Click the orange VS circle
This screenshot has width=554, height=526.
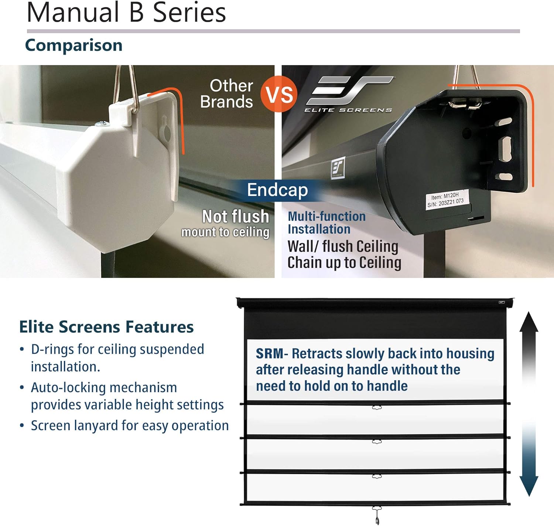(x=279, y=94)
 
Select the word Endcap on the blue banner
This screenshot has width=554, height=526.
(x=277, y=190)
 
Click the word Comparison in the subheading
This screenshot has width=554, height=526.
(x=74, y=45)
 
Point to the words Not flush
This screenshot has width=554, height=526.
(x=236, y=216)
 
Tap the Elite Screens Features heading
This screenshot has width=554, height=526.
(x=106, y=327)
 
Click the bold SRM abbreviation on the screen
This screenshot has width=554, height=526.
(x=269, y=353)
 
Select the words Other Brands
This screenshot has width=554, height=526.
(x=227, y=94)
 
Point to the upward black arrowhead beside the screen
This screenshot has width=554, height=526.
(x=529, y=322)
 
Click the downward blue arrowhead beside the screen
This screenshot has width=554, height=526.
(x=529, y=486)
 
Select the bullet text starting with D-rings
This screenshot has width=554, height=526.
(x=117, y=358)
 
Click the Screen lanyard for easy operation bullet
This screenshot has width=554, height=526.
(x=130, y=425)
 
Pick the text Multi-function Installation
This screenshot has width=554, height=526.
(x=326, y=223)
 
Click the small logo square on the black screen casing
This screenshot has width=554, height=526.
(x=338, y=167)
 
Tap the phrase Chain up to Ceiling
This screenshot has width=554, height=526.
(x=344, y=262)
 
